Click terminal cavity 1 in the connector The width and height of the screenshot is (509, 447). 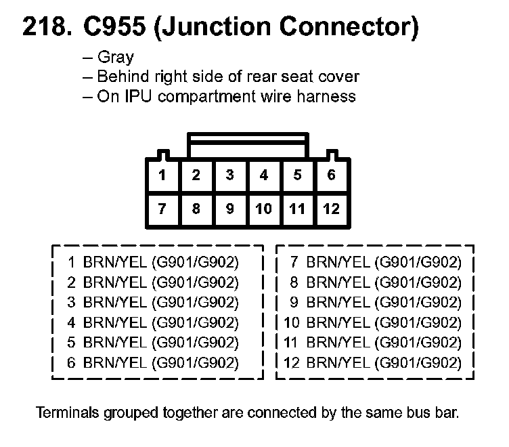click(162, 176)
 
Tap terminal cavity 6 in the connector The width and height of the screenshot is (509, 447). click(331, 176)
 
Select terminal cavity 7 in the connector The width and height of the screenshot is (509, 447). click(162, 209)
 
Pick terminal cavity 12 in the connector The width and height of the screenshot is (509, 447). click(331, 209)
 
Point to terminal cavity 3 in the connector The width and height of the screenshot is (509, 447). click(230, 176)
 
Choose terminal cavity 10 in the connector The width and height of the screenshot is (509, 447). click(263, 209)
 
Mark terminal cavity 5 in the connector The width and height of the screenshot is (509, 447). click(297, 176)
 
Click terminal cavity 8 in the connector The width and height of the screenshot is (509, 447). click(196, 209)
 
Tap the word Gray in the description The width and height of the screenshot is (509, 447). click(115, 58)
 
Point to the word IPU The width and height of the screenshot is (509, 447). click(133, 96)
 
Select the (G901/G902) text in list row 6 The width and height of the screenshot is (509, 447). click(196, 364)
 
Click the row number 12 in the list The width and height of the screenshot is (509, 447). click(292, 364)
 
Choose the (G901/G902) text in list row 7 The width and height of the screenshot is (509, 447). click(419, 262)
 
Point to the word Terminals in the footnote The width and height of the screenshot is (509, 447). click(64, 412)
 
